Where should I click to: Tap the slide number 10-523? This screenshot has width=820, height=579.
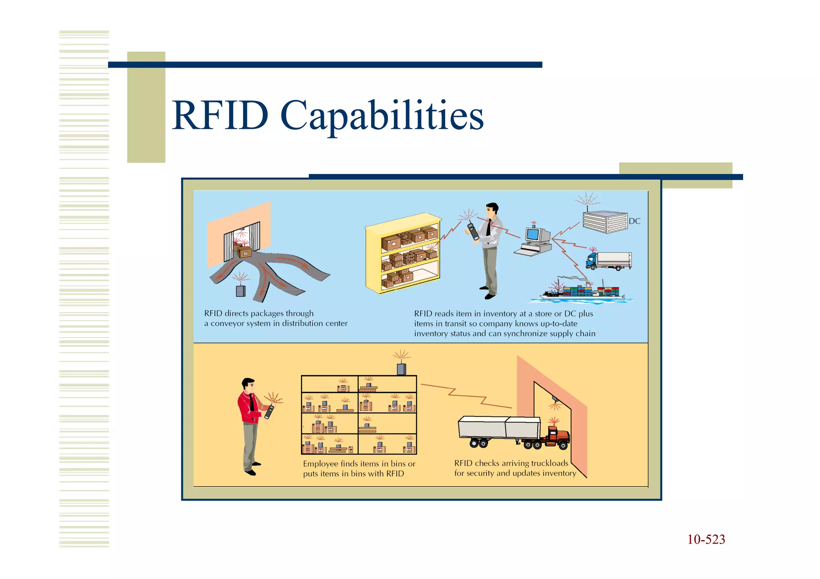[706, 539]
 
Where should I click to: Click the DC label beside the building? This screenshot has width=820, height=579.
[634, 221]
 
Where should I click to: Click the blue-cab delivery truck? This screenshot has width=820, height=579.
[608, 260]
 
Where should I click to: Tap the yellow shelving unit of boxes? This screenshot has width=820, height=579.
[403, 254]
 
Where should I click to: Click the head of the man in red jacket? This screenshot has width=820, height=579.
[248, 385]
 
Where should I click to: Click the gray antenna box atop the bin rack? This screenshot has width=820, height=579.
[401, 369]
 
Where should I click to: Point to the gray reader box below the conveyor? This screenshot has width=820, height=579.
[241, 291]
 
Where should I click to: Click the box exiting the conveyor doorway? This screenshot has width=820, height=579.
[244, 252]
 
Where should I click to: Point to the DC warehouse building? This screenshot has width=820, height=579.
[605, 222]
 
